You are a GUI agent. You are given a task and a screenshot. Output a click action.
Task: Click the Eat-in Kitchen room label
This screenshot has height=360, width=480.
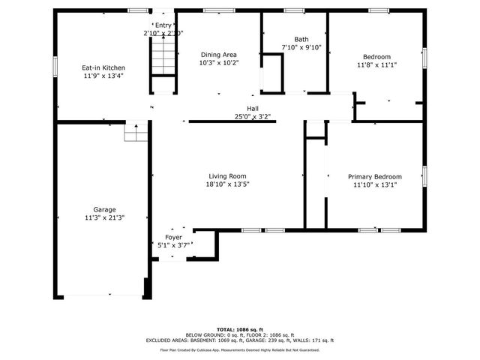[103, 68]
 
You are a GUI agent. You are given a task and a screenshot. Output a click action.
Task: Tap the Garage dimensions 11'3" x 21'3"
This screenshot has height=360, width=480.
[104, 218]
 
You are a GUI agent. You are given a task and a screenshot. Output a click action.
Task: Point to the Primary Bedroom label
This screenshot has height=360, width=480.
[374, 177]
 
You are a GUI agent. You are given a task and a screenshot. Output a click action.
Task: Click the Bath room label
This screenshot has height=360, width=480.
[301, 40]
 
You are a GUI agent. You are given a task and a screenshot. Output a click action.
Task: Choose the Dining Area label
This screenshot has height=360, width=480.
[218, 55]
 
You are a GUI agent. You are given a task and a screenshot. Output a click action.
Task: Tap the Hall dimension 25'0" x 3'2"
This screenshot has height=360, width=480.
[252, 117]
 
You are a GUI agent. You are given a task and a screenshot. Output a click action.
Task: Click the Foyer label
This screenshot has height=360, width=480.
[173, 237]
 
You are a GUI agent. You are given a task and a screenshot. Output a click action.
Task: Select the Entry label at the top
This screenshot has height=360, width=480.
[163, 25]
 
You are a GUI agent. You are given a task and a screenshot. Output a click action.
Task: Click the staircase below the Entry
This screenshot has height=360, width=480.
[163, 57]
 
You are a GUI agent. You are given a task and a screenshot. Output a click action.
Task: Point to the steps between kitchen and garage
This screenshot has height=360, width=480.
[136, 133]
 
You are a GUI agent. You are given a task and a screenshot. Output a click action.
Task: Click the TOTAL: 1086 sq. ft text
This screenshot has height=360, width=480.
[239, 329]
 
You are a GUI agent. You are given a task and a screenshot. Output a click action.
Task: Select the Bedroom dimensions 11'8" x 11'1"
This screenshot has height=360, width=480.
[377, 65]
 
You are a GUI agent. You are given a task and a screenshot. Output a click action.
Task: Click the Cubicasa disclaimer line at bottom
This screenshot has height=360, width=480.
[239, 349]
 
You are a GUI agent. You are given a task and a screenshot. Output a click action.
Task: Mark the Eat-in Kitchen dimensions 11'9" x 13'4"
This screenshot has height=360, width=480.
[103, 76]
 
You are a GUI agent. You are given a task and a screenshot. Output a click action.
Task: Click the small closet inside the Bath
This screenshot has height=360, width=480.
[274, 71]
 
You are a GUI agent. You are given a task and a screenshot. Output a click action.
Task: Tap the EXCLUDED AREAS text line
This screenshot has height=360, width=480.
[239, 340]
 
